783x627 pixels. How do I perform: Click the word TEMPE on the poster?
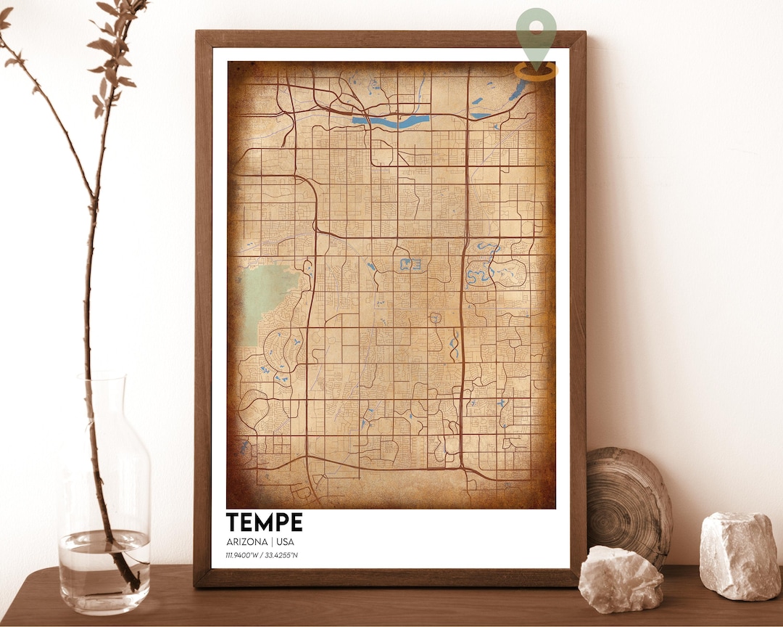click(264, 522)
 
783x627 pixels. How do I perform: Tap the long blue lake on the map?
click(391, 121)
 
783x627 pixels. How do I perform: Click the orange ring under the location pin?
click(536, 71)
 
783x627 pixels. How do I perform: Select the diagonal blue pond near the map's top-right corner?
click(518, 90)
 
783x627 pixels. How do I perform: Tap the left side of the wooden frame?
click(202, 305)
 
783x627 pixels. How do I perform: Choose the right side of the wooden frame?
click(578, 305)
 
